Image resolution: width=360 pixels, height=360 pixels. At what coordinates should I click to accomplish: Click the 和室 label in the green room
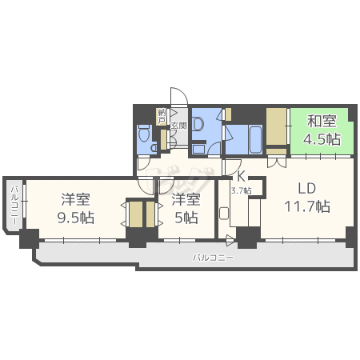(x=321, y=122)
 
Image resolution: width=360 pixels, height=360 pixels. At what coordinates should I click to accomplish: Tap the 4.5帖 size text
(x=321, y=138)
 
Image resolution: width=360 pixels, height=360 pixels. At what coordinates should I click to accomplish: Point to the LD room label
(x=308, y=189)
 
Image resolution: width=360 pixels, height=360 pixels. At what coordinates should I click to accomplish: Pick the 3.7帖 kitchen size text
(x=241, y=190)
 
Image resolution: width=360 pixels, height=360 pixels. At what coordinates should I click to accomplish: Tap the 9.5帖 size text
(x=75, y=217)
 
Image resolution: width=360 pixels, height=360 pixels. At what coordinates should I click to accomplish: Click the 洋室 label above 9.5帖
(x=75, y=199)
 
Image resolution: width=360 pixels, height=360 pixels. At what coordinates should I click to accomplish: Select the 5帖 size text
(x=186, y=217)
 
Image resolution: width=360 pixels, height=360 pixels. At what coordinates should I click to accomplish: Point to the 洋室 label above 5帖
(x=186, y=199)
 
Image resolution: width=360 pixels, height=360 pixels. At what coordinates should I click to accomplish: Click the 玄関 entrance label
(x=178, y=125)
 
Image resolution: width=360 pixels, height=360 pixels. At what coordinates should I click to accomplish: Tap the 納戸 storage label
(x=162, y=116)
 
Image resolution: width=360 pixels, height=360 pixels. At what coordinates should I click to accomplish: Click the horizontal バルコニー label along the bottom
(x=213, y=258)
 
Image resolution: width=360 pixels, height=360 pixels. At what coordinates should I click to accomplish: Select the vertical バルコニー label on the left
(x=14, y=204)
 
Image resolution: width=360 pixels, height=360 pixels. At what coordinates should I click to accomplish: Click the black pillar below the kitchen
(x=247, y=237)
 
